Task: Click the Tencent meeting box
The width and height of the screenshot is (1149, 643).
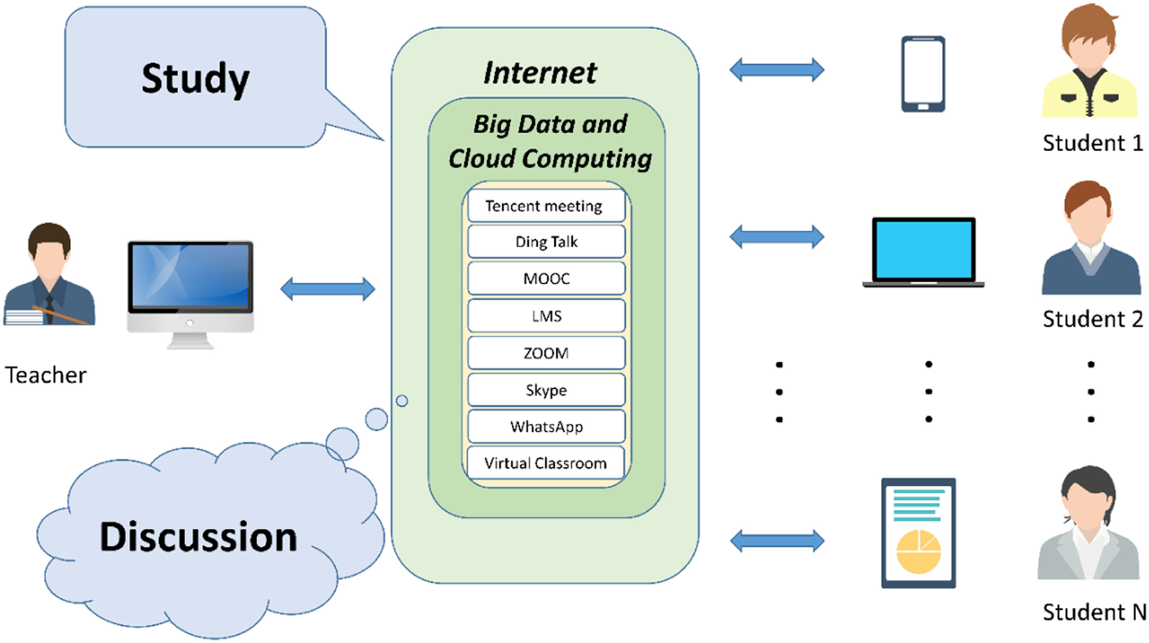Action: point(546,206)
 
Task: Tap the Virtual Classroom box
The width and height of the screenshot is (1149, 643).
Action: point(545,463)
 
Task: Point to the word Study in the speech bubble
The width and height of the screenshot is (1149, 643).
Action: point(195,79)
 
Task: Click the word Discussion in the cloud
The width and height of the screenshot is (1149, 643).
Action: point(198,537)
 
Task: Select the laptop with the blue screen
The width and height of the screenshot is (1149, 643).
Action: point(923,252)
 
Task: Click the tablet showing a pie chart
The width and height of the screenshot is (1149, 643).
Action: point(918,533)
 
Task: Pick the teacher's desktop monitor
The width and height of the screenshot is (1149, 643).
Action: point(190,285)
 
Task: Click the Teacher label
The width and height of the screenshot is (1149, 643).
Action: point(46,375)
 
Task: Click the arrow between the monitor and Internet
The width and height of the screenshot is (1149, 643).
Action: point(328,289)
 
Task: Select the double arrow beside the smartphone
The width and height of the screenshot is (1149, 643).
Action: point(777,70)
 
